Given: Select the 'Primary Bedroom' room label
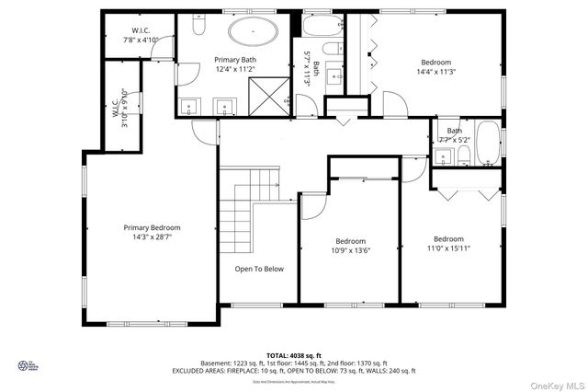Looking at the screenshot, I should (153, 227).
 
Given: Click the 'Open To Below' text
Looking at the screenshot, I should (259, 269).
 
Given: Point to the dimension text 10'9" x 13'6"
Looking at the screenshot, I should (350, 248).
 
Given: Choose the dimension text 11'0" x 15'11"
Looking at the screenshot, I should (448, 248).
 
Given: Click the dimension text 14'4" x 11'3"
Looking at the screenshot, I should (436, 72).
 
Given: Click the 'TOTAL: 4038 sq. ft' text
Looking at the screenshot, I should (294, 354).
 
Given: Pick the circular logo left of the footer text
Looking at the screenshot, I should (25, 365).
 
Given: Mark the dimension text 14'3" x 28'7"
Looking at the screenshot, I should (153, 236).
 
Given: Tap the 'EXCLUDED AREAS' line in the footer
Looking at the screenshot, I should (294, 371).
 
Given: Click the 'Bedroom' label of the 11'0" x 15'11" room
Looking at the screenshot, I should (448, 238).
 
